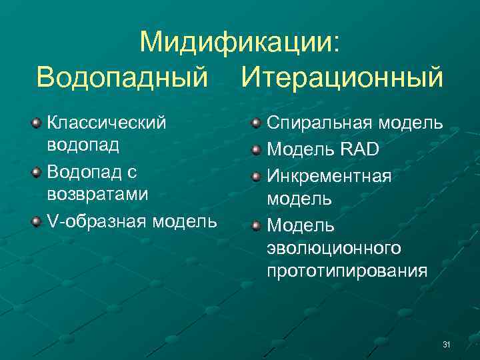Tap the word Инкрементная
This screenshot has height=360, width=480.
(x=329, y=175)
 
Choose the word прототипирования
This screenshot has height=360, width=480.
(x=347, y=271)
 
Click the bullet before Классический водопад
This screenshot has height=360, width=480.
(x=35, y=123)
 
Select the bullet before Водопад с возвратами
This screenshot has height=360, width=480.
(x=35, y=173)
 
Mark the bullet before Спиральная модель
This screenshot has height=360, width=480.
(x=255, y=123)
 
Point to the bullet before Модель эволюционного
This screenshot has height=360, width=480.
(x=255, y=225)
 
